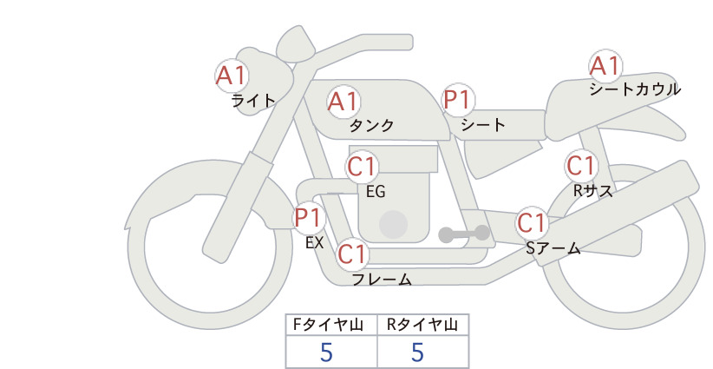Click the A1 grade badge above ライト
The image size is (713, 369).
(232, 76)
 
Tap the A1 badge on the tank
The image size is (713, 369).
(343, 102)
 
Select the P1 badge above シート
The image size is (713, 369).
(458, 100)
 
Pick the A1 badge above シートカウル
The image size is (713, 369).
(605, 67)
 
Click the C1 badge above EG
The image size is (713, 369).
(362, 167)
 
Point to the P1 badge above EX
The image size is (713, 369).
(309, 217)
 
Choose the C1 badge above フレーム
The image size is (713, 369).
(352, 254)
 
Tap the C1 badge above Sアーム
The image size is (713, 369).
(532, 223)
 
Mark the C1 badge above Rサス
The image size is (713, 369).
(581, 166)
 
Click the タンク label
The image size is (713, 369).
(371, 125)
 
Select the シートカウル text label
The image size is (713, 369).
(635, 89)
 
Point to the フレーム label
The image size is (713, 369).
(382, 279)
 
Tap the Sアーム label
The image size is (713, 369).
(553, 248)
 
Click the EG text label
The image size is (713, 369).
(376, 192)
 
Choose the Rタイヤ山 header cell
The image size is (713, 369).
(423, 325)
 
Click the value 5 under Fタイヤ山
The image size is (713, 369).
(326, 353)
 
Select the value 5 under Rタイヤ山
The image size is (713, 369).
(417, 353)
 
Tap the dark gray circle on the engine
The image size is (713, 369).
(393, 224)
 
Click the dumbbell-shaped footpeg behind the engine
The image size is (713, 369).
(464, 234)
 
